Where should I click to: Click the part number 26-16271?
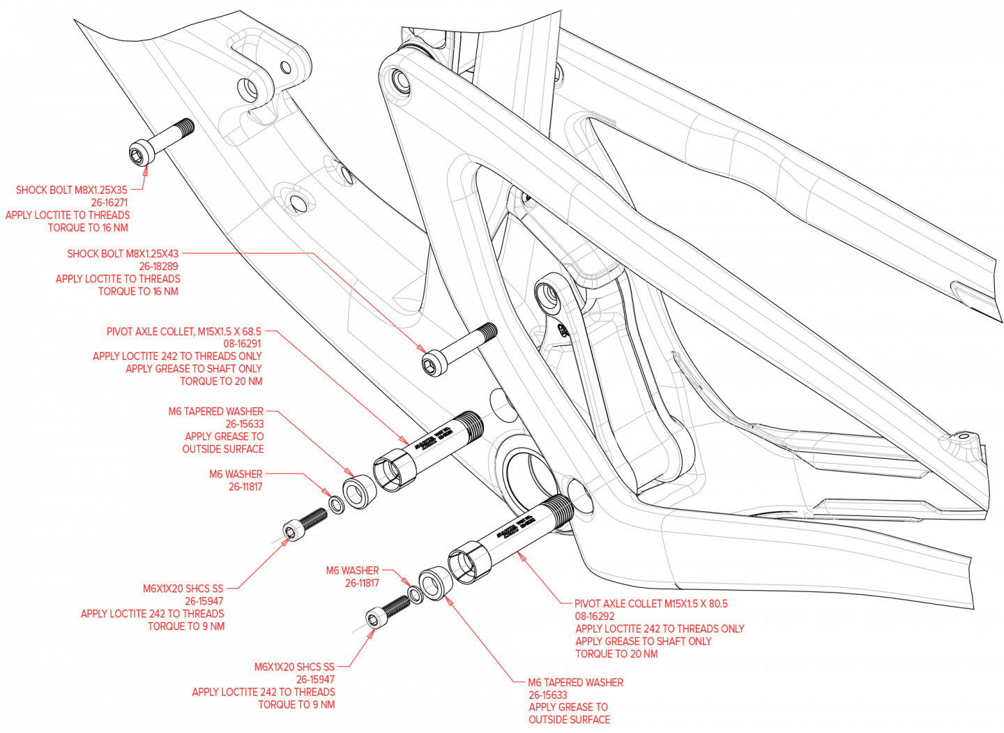[109, 202]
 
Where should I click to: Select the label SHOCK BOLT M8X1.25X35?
[72, 190]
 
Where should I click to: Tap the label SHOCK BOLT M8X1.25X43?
[123, 254]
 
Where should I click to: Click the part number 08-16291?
[242, 344]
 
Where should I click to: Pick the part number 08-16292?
[595, 617]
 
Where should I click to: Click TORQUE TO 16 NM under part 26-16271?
[88, 227]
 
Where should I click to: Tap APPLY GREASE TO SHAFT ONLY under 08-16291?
[194, 369]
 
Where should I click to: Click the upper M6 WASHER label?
[236, 474]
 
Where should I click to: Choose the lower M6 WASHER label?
[353, 570]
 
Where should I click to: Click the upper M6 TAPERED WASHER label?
[216, 411]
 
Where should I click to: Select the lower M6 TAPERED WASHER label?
[576, 683]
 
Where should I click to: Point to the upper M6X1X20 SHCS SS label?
[183, 589]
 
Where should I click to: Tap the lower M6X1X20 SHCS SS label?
[294, 667]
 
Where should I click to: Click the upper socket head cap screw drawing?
[306, 524]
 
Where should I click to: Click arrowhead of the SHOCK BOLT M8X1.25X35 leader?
[146, 169]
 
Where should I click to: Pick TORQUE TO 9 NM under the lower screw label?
[296, 704]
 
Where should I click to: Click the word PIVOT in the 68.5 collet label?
[120, 332]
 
